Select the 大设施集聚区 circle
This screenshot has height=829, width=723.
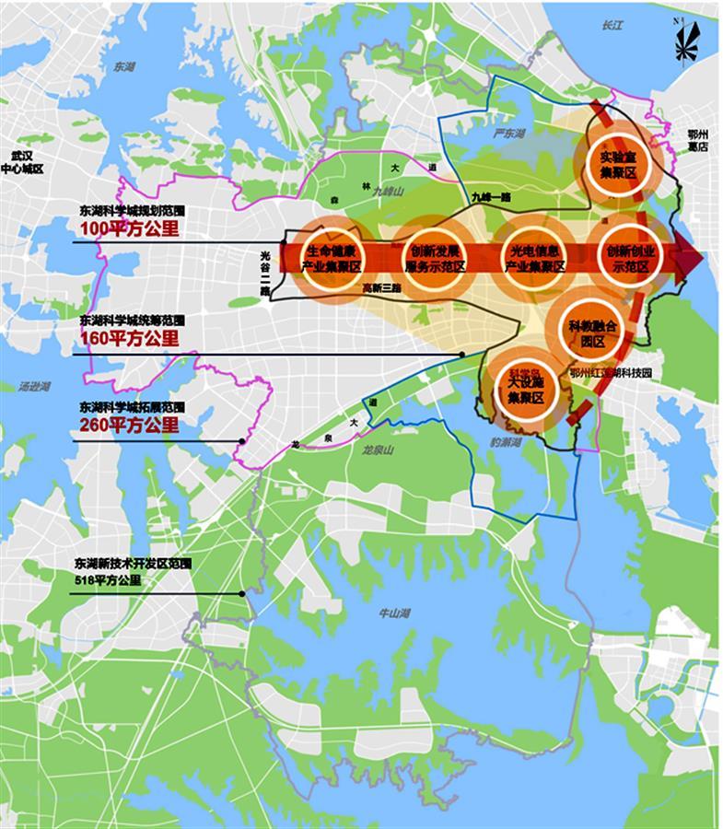(521, 391)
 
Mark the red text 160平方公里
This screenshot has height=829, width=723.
(130, 340)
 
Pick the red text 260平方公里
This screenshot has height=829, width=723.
(130, 425)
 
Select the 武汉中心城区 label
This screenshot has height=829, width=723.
(21, 163)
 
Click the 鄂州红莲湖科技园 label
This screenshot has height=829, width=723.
(610, 374)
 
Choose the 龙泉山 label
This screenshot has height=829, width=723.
(379, 450)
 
